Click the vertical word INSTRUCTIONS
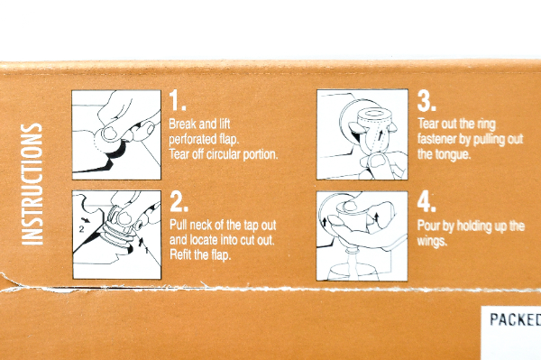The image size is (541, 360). [32, 184]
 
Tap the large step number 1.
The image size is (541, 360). [178, 101]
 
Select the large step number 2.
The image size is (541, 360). [179, 202]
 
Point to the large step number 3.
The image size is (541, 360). [426, 101]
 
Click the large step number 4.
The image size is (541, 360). [426, 202]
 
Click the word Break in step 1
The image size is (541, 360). [182, 124]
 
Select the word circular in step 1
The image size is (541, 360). [224, 154]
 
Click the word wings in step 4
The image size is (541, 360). [432, 241]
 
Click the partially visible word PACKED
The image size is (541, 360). [516, 319]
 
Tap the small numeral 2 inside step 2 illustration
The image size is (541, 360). [81, 229]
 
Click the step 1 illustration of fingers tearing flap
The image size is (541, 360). [116, 135]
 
